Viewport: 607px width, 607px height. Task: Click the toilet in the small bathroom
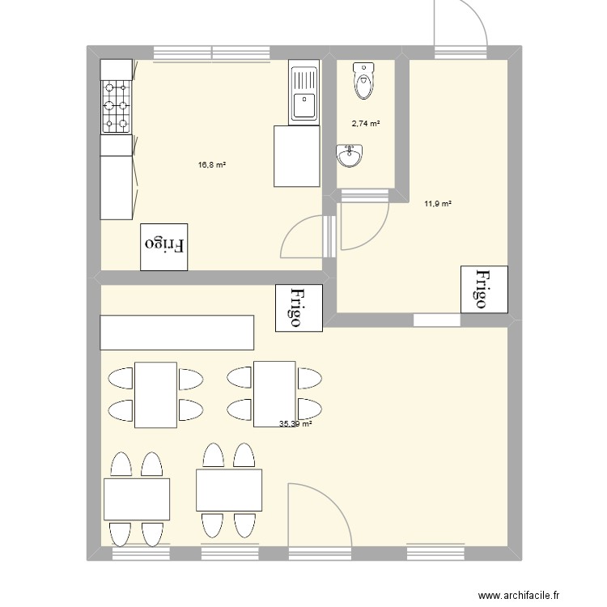coord(364,80)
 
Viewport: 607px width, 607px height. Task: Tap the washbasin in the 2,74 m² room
coord(350,155)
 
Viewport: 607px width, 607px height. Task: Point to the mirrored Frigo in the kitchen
coord(164,247)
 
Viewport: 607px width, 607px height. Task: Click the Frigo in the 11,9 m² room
coord(484,289)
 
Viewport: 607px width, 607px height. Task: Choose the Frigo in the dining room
coord(299,308)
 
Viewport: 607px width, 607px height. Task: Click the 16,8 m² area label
coord(212,165)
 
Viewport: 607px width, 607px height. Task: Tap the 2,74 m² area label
coord(366,124)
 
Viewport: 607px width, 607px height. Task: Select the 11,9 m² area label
coord(438,204)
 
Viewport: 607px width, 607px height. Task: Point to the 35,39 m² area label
coord(295,424)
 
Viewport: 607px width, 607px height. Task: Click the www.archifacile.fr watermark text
coord(519,595)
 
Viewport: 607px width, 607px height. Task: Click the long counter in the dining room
coord(177,333)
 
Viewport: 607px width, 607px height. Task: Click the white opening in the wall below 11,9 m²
coord(437,320)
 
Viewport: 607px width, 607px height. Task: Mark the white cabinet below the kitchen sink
coord(297,156)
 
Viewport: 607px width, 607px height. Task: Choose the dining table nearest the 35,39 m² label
coord(274,394)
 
